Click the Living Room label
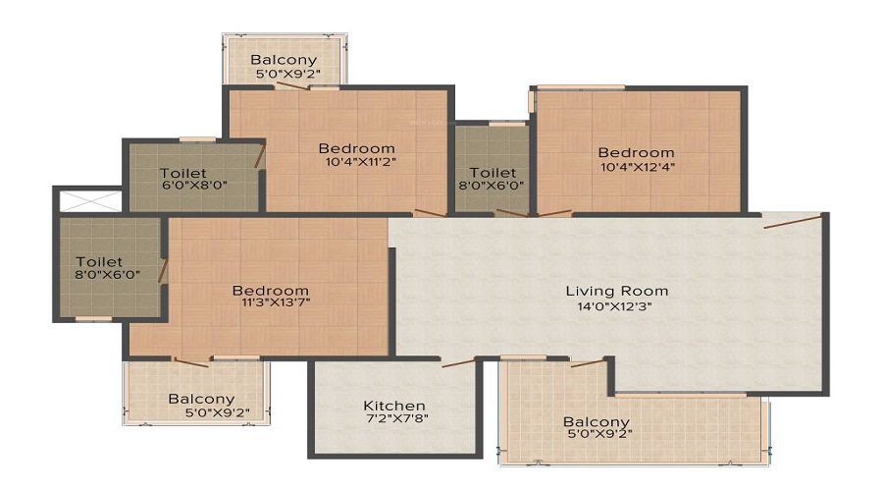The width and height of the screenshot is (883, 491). (617, 291)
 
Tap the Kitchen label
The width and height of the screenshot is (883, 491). (394, 406)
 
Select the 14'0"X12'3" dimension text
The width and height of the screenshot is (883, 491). (615, 306)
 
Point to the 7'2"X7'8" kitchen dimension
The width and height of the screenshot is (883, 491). (396, 419)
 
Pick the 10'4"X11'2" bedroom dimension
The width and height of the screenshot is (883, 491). (361, 162)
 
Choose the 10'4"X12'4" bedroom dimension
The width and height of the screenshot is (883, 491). (638, 167)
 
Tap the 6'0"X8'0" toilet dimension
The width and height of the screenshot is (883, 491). (194, 186)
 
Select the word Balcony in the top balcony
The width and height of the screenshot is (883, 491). (284, 60)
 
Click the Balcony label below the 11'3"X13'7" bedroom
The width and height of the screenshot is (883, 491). (201, 399)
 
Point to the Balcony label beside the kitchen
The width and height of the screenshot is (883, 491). (596, 421)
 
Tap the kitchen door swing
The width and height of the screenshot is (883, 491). (458, 363)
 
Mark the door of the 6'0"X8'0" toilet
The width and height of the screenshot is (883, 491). (260, 156)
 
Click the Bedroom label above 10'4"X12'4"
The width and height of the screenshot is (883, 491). (636, 153)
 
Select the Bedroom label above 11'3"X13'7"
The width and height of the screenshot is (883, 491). (271, 291)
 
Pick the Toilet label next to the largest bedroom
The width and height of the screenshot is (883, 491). (99, 261)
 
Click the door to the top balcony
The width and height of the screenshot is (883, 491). (291, 85)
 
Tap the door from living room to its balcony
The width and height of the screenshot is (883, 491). (588, 362)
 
